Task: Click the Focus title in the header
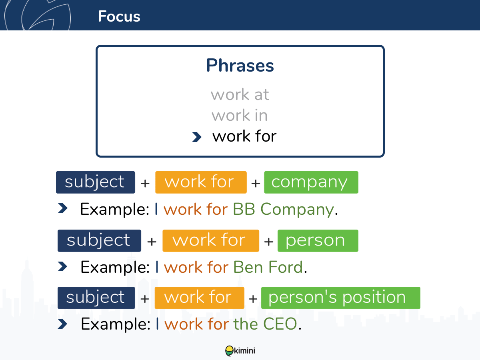(119, 16)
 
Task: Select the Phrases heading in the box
(240, 65)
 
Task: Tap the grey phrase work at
(240, 95)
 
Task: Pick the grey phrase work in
(240, 115)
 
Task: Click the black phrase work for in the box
(244, 136)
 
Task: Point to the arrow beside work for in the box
(196, 137)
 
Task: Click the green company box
(311, 182)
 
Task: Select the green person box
(318, 241)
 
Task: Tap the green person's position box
(340, 298)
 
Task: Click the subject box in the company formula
(95, 182)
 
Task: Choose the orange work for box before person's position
(199, 298)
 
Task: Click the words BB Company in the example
(283, 209)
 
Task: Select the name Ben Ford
(268, 267)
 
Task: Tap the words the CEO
(265, 324)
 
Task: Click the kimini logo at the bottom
(240, 351)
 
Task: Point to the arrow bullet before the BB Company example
(63, 208)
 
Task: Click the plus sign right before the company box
(256, 183)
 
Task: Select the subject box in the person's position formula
(96, 298)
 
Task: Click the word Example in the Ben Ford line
(115, 267)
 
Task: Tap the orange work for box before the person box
(211, 241)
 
